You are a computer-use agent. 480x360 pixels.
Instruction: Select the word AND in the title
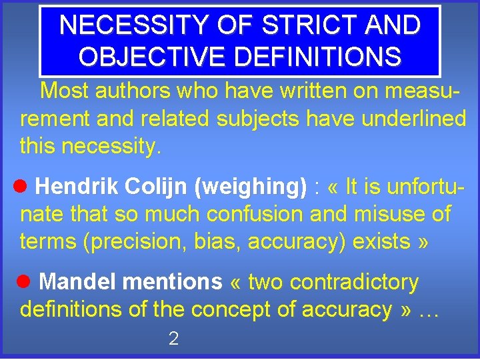[394, 25]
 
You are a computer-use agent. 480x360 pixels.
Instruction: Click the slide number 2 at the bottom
[173, 339]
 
